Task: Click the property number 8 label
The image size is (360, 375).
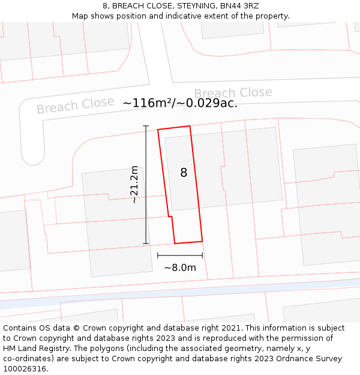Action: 184,173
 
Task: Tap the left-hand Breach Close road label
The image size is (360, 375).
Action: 75,106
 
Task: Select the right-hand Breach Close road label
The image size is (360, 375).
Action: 233,93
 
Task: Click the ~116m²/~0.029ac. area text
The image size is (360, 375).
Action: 180,103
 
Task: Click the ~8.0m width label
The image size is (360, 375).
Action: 180,268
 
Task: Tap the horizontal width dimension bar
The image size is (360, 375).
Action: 180,256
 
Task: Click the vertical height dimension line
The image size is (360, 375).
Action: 146,184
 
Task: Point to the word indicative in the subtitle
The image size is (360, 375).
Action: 182,16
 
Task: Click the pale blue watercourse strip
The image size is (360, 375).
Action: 180,293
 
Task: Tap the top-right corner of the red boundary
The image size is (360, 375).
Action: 190,126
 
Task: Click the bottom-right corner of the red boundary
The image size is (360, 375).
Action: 202,241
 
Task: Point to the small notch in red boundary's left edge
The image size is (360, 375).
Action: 170,217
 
